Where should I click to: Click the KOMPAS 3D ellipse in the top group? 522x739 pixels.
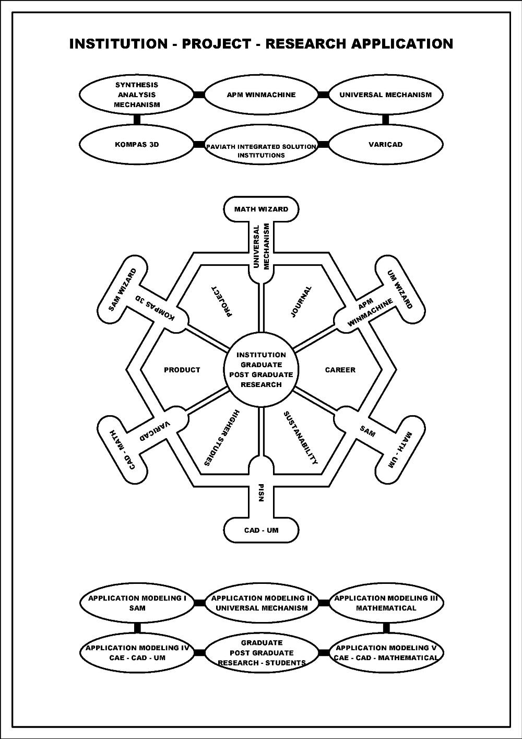pos(137,145)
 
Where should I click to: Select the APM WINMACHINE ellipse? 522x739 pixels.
pos(261,95)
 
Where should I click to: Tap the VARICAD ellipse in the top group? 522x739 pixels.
pos(386,145)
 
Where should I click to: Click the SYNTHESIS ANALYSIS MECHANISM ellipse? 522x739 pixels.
pos(137,95)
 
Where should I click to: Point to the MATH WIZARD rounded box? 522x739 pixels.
pos(261,209)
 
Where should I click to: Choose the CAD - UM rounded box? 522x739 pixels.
pos(261,531)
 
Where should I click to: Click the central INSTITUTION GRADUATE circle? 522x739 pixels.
pos(261,370)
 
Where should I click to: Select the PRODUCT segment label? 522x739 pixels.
pos(182,370)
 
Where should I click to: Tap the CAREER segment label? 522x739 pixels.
pos(340,370)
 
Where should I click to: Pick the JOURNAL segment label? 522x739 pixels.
pos(301,301)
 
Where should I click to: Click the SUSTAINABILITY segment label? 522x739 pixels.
pos(301,438)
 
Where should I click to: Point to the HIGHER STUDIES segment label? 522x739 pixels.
pos(221,438)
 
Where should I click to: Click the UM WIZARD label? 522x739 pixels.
pos(400,289)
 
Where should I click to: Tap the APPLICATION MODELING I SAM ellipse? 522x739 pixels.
pos(137,603)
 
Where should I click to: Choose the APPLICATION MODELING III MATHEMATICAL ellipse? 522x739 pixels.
pos(386,603)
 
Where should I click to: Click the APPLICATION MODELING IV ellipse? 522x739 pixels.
pos(137,653)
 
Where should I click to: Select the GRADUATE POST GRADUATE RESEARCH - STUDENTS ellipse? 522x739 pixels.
pos(261,653)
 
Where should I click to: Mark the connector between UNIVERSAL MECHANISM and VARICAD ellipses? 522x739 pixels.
pos(386,120)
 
